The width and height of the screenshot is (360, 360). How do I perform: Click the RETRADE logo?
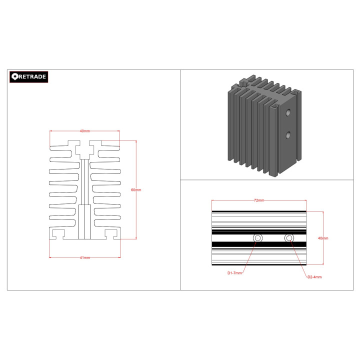pos(29,76)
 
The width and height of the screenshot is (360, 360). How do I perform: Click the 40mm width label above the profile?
pos(84,131)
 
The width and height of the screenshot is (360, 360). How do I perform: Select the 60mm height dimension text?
pos(136,190)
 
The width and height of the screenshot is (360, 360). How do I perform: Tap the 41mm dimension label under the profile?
pos(85,258)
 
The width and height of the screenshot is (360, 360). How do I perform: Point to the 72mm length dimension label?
pos(258,200)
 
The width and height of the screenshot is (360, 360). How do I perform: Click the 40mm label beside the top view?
pos(323,238)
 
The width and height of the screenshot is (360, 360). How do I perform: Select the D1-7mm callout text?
pos(234,273)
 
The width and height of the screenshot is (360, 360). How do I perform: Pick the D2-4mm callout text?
pos(314,277)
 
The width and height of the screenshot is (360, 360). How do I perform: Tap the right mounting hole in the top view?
pos(288,238)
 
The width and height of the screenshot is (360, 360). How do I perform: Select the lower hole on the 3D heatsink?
pos(288,135)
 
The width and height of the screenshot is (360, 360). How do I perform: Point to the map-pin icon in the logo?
pos(15,76)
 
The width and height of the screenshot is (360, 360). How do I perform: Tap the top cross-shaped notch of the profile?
pos(84,149)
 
